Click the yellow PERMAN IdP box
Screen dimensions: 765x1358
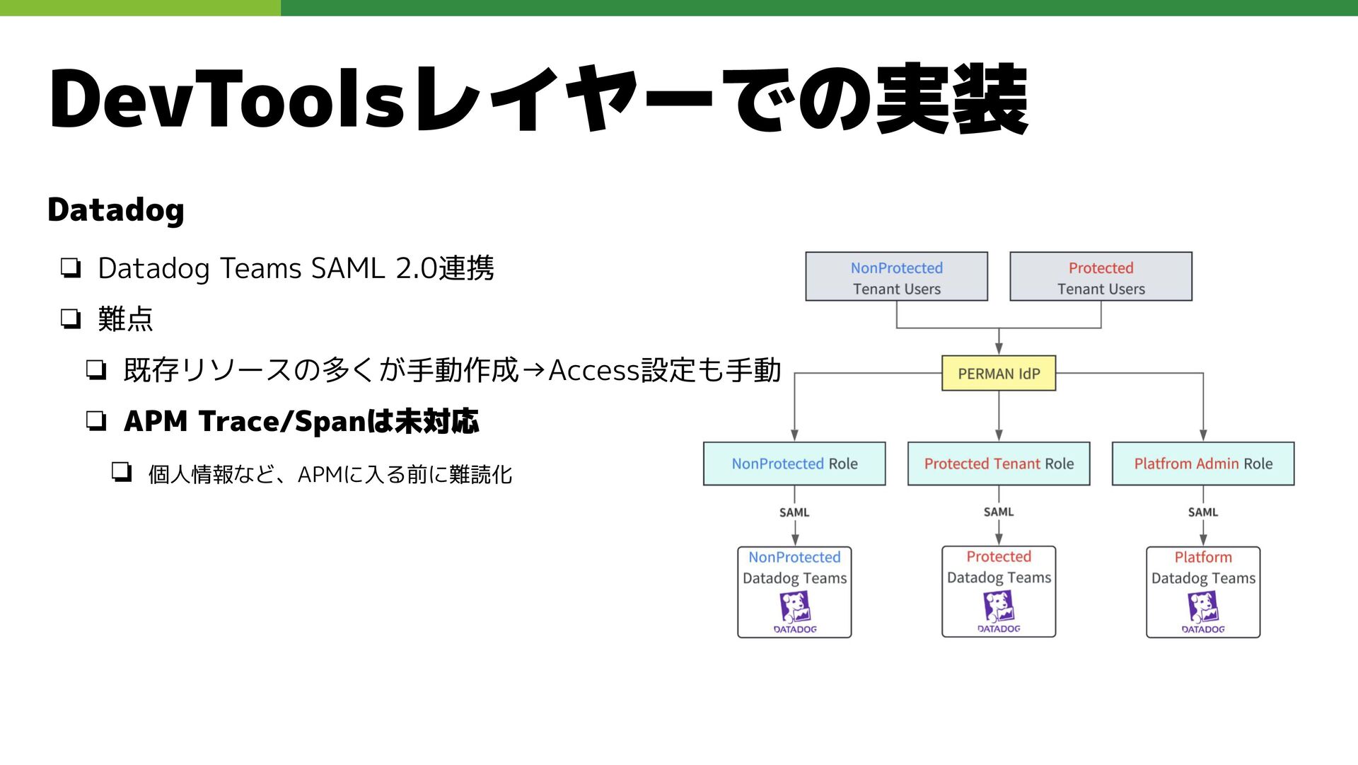(x=998, y=373)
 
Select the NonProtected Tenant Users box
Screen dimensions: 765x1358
(x=896, y=277)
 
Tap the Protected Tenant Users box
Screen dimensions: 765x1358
(x=1101, y=277)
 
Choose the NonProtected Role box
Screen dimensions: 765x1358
(x=794, y=464)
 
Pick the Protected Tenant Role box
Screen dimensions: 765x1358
(x=998, y=464)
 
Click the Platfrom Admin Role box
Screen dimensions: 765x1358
(x=1202, y=464)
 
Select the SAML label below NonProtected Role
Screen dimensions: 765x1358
(x=794, y=512)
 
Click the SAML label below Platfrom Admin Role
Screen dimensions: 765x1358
(x=1202, y=512)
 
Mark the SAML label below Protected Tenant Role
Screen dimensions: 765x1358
(x=998, y=512)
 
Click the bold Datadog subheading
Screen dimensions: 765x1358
(x=116, y=210)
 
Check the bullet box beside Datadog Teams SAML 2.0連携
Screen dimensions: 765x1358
(x=71, y=268)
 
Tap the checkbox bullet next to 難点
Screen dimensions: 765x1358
(x=71, y=318)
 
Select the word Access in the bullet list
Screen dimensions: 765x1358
(x=593, y=370)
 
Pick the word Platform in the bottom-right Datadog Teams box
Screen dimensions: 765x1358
(x=1203, y=558)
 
